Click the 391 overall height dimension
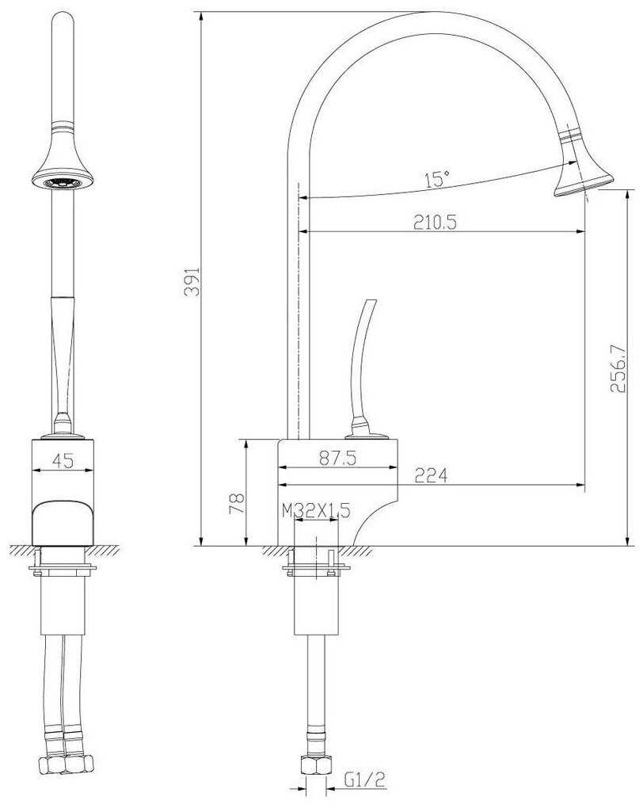point(192,281)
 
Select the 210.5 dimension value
point(435,222)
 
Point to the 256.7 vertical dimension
point(618,369)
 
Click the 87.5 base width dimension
point(337,458)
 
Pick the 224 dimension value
point(431,475)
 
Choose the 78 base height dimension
point(236,503)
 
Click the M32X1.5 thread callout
point(316,511)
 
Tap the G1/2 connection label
point(364,780)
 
